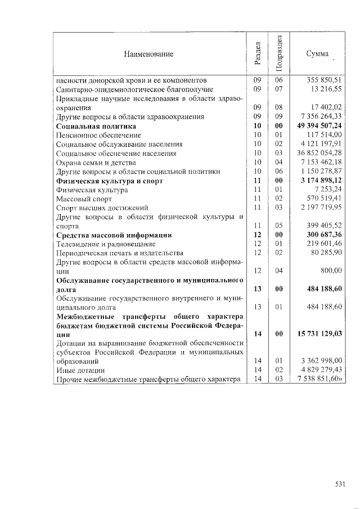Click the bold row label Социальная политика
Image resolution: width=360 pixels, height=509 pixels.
pyautogui.click(x=96, y=126)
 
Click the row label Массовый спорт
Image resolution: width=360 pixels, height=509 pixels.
pyautogui.click(x=76, y=199)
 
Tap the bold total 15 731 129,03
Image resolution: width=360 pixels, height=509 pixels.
pyautogui.click(x=320, y=334)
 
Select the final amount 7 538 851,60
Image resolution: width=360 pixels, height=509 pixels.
pyautogui.click(x=320, y=379)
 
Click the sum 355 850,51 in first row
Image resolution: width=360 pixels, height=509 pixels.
pyautogui.click(x=326, y=80)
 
